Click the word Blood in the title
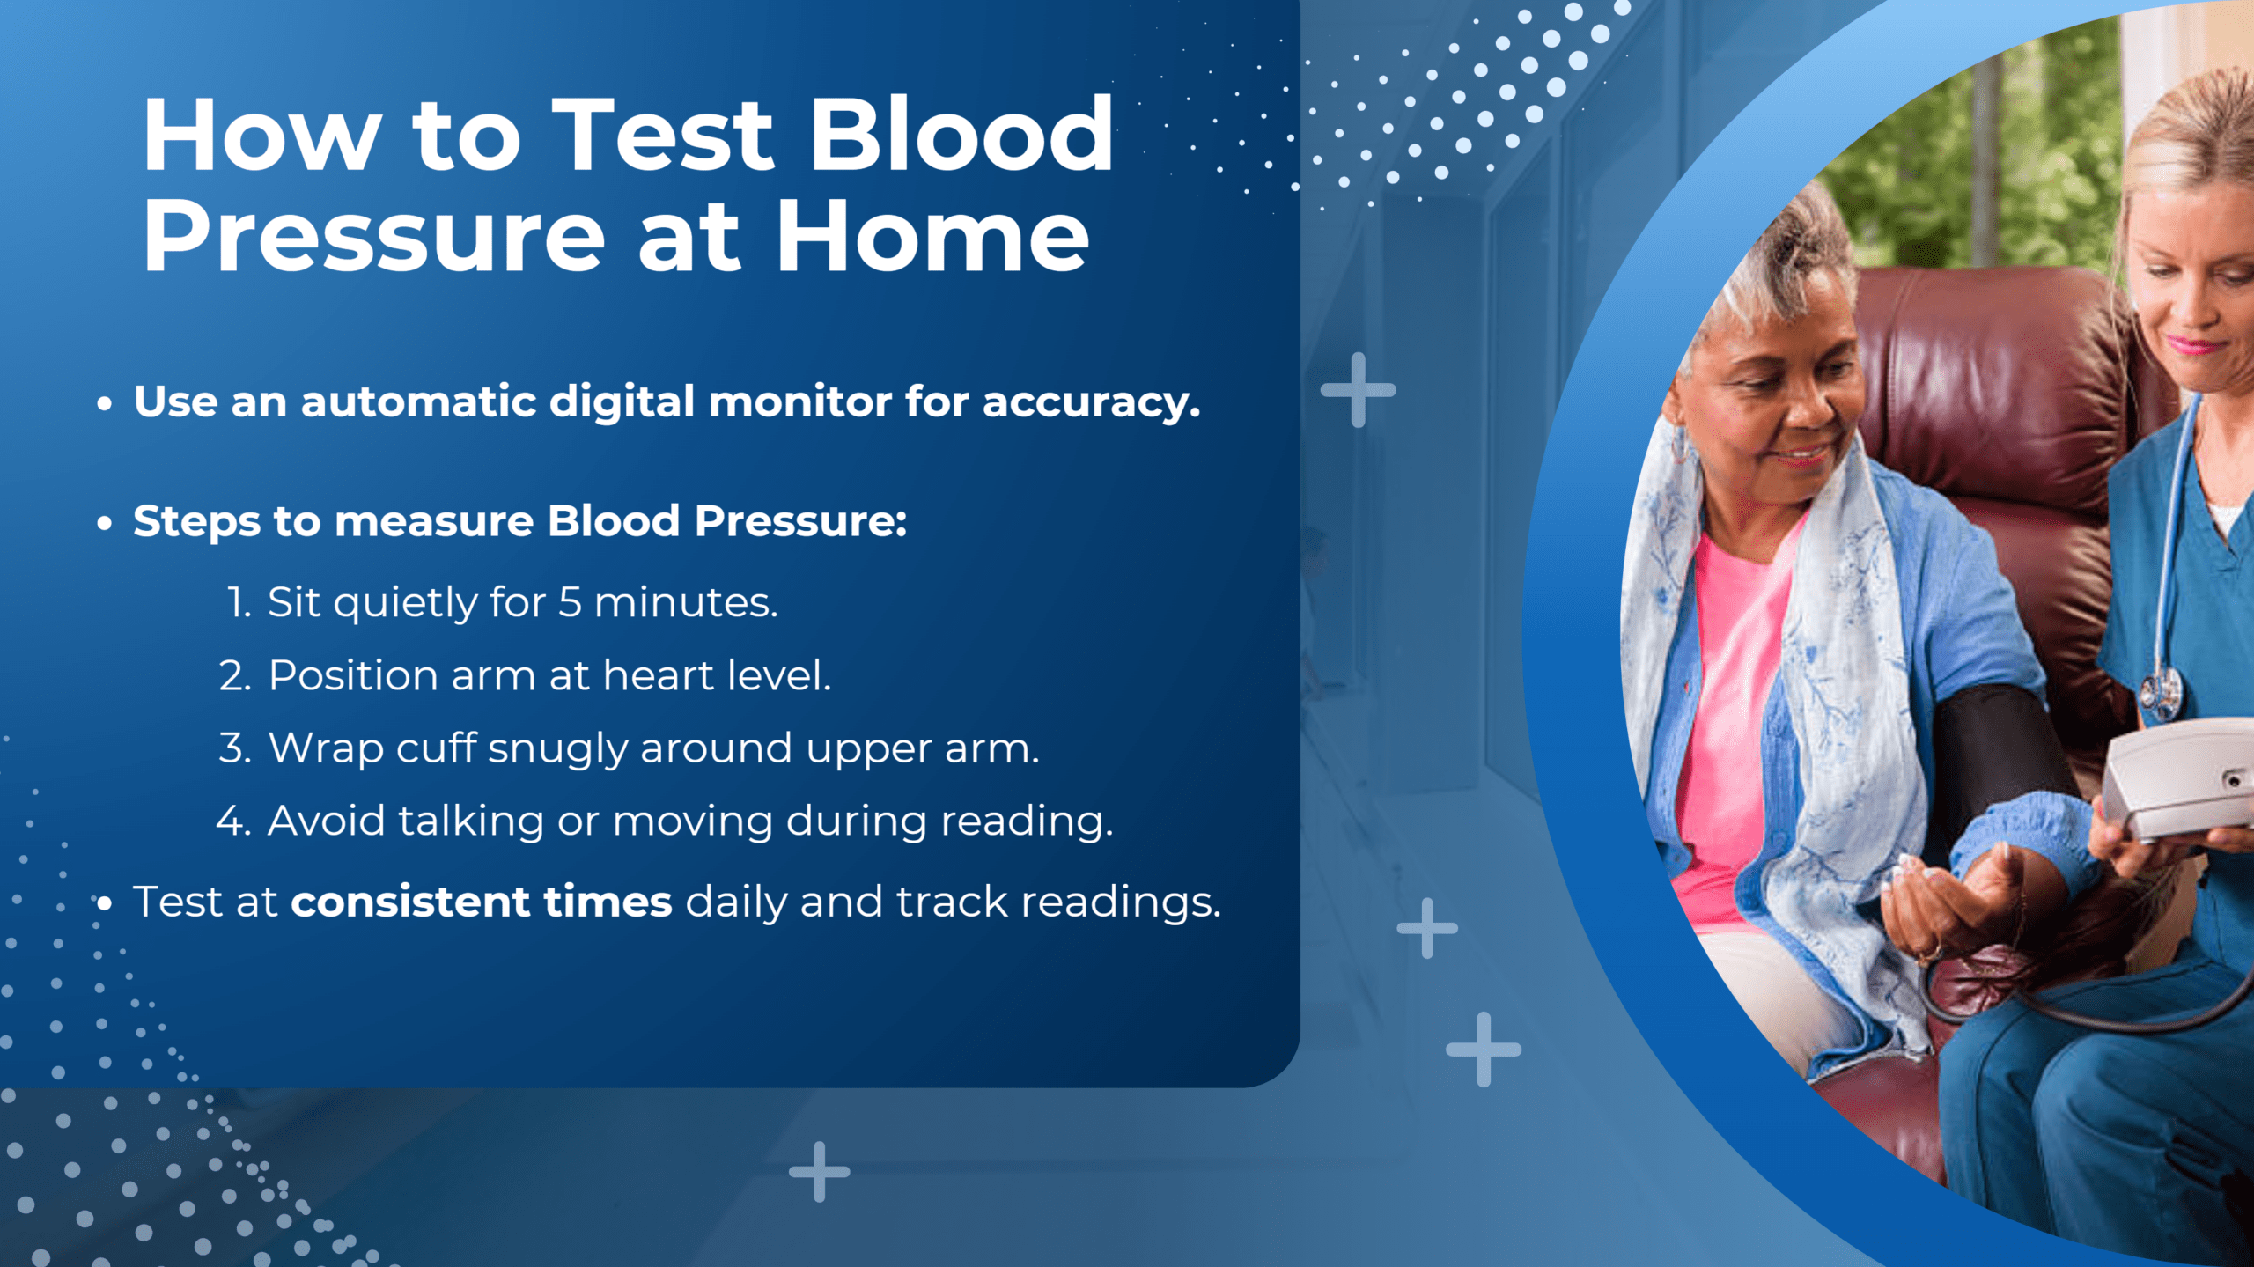pyautogui.click(x=961, y=136)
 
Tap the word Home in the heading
pyautogui.click(x=932, y=237)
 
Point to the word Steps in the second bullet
pyautogui.click(x=196, y=522)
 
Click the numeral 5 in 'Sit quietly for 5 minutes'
pyautogui.click(x=570, y=603)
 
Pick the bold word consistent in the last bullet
pyautogui.click(x=410, y=902)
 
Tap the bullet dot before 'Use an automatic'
pyautogui.click(x=105, y=404)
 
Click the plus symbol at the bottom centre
pyautogui.click(x=820, y=1172)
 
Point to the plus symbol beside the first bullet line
pyautogui.click(x=1358, y=390)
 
